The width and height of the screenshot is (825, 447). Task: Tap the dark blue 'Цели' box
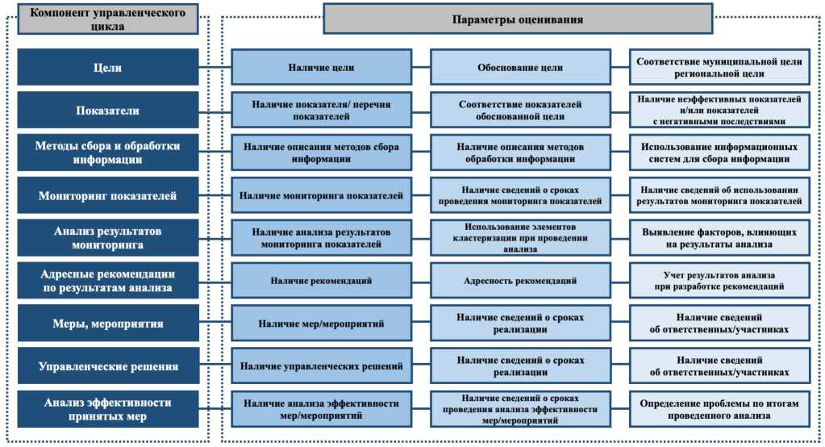pos(107,68)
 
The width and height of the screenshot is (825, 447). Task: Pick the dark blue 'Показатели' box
pos(107,111)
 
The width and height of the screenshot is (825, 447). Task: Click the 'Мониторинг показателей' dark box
pos(107,196)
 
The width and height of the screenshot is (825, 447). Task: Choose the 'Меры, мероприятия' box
pos(107,324)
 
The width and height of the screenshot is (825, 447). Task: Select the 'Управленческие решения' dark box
pos(107,366)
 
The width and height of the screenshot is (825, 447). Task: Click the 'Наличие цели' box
pos(321,68)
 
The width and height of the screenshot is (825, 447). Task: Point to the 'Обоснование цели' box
pos(519,68)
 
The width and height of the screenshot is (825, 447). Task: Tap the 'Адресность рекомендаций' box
pos(519,281)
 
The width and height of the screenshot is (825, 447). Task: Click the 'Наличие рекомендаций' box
pos(321,281)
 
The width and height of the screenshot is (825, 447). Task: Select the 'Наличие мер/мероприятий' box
pos(321,324)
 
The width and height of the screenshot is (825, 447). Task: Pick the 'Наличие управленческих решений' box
pos(321,366)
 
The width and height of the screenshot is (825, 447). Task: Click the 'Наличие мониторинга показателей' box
pos(321,196)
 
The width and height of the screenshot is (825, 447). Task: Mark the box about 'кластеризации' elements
pos(519,239)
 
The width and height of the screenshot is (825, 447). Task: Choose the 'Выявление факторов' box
pos(719,239)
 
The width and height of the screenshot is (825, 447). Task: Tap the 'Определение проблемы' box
pos(719,409)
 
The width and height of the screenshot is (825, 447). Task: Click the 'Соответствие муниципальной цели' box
pos(719,68)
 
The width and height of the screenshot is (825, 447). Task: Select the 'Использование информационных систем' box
pos(719,153)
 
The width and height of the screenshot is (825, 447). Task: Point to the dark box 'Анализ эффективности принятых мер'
pos(107,409)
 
